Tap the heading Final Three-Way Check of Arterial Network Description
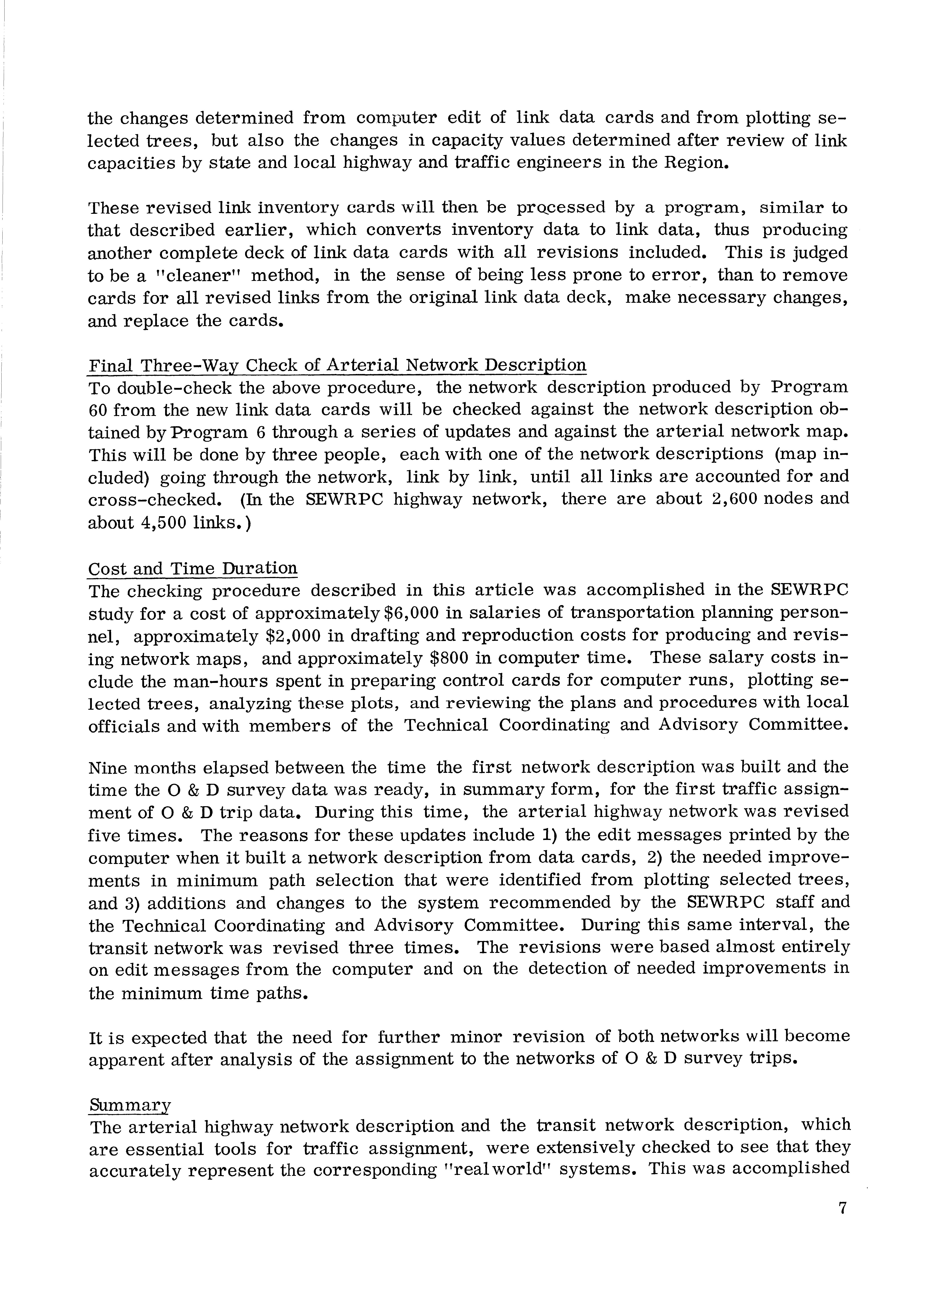pyautogui.click(x=337, y=365)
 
